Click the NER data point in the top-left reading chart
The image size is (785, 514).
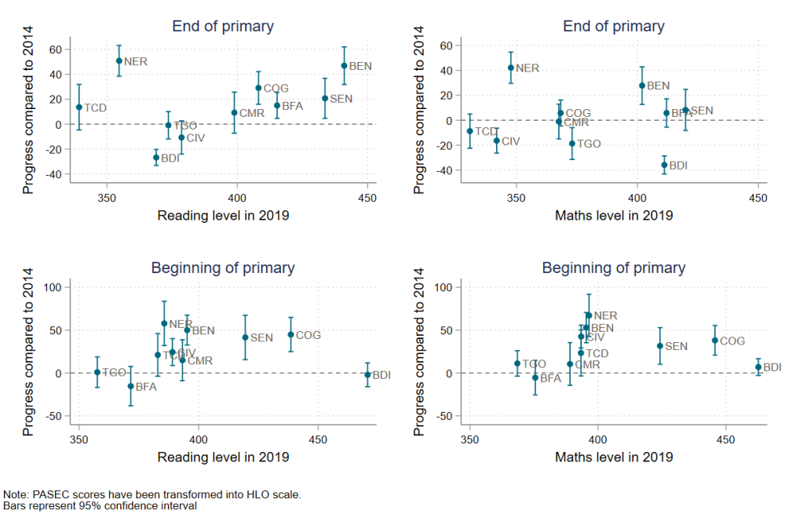point(119,60)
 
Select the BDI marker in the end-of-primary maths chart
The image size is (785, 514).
point(664,165)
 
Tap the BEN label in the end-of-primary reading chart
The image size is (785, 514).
point(360,67)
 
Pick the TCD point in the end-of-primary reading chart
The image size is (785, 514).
point(78,108)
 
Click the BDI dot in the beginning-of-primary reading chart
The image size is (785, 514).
point(367,375)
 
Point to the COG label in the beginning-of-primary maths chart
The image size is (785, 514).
point(732,341)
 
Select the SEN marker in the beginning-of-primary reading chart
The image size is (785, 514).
point(245,337)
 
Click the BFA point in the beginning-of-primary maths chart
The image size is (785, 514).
point(535,377)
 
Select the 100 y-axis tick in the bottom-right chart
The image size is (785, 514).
point(442,287)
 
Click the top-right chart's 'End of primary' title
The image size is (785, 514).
point(614,27)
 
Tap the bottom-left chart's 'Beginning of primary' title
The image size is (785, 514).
point(223,268)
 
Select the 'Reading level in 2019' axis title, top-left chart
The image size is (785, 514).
point(223,215)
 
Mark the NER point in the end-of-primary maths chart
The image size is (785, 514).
point(511,67)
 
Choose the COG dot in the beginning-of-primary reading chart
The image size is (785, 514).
point(290,334)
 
